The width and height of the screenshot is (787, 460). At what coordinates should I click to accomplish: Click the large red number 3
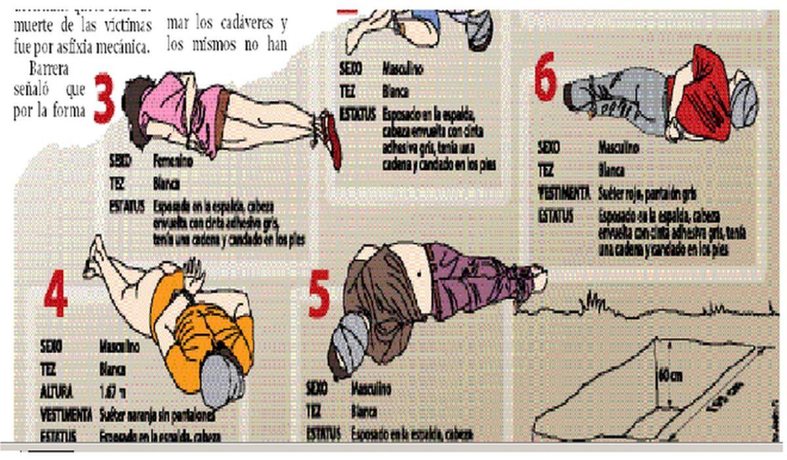[104, 99]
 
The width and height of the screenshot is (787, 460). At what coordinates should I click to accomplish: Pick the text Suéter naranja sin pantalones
[157, 415]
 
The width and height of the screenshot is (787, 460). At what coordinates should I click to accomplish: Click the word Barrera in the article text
[47, 68]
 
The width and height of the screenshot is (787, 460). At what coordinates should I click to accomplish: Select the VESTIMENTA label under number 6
[563, 194]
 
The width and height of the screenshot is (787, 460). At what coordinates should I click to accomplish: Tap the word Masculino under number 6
[618, 148]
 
